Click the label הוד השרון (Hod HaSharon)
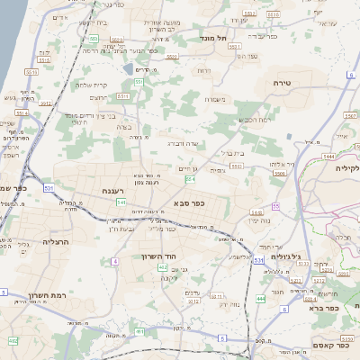(157, 256)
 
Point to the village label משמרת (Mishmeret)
(212, 100)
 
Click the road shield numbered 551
(139, 83)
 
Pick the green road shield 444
(260, 298)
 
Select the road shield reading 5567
(350, 115)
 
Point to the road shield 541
(121, 202)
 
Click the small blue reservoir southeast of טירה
(290, 136)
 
